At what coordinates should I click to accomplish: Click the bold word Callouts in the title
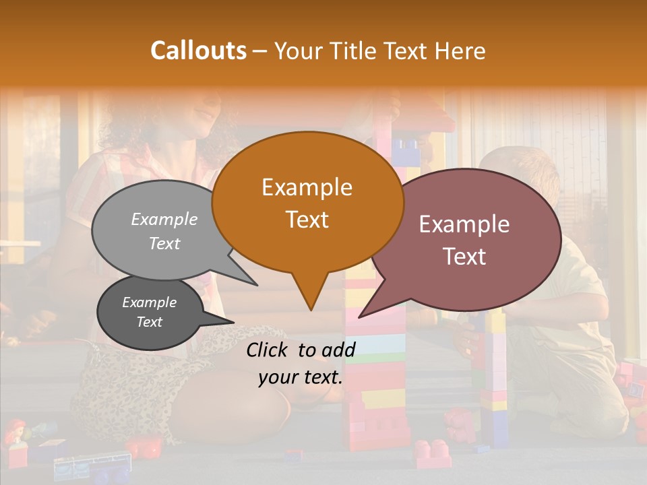(198, 51)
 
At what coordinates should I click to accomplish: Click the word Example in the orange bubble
(307, 187)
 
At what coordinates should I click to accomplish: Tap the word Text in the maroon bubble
(465, 257)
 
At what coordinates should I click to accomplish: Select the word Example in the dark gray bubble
(149, 302)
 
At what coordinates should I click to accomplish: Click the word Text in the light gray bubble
(164, 244)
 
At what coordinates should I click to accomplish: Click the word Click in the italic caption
(269, 350)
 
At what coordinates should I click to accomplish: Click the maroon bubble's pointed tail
(368, 310)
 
